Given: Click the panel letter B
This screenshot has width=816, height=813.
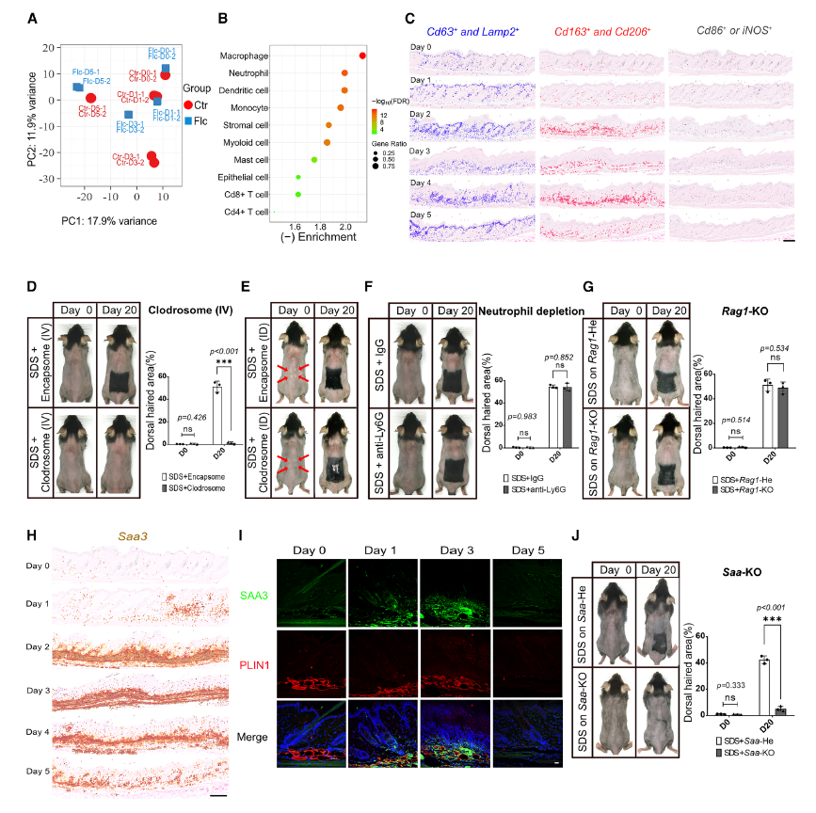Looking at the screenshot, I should click(223, 18).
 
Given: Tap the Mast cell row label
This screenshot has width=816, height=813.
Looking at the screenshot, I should click(251, 159).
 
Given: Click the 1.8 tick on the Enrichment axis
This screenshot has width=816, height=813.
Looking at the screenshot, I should click(321, 227).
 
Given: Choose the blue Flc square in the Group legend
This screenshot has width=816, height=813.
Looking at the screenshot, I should click(189, 121).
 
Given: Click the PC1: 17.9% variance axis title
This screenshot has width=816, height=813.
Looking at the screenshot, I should click(109, 221).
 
